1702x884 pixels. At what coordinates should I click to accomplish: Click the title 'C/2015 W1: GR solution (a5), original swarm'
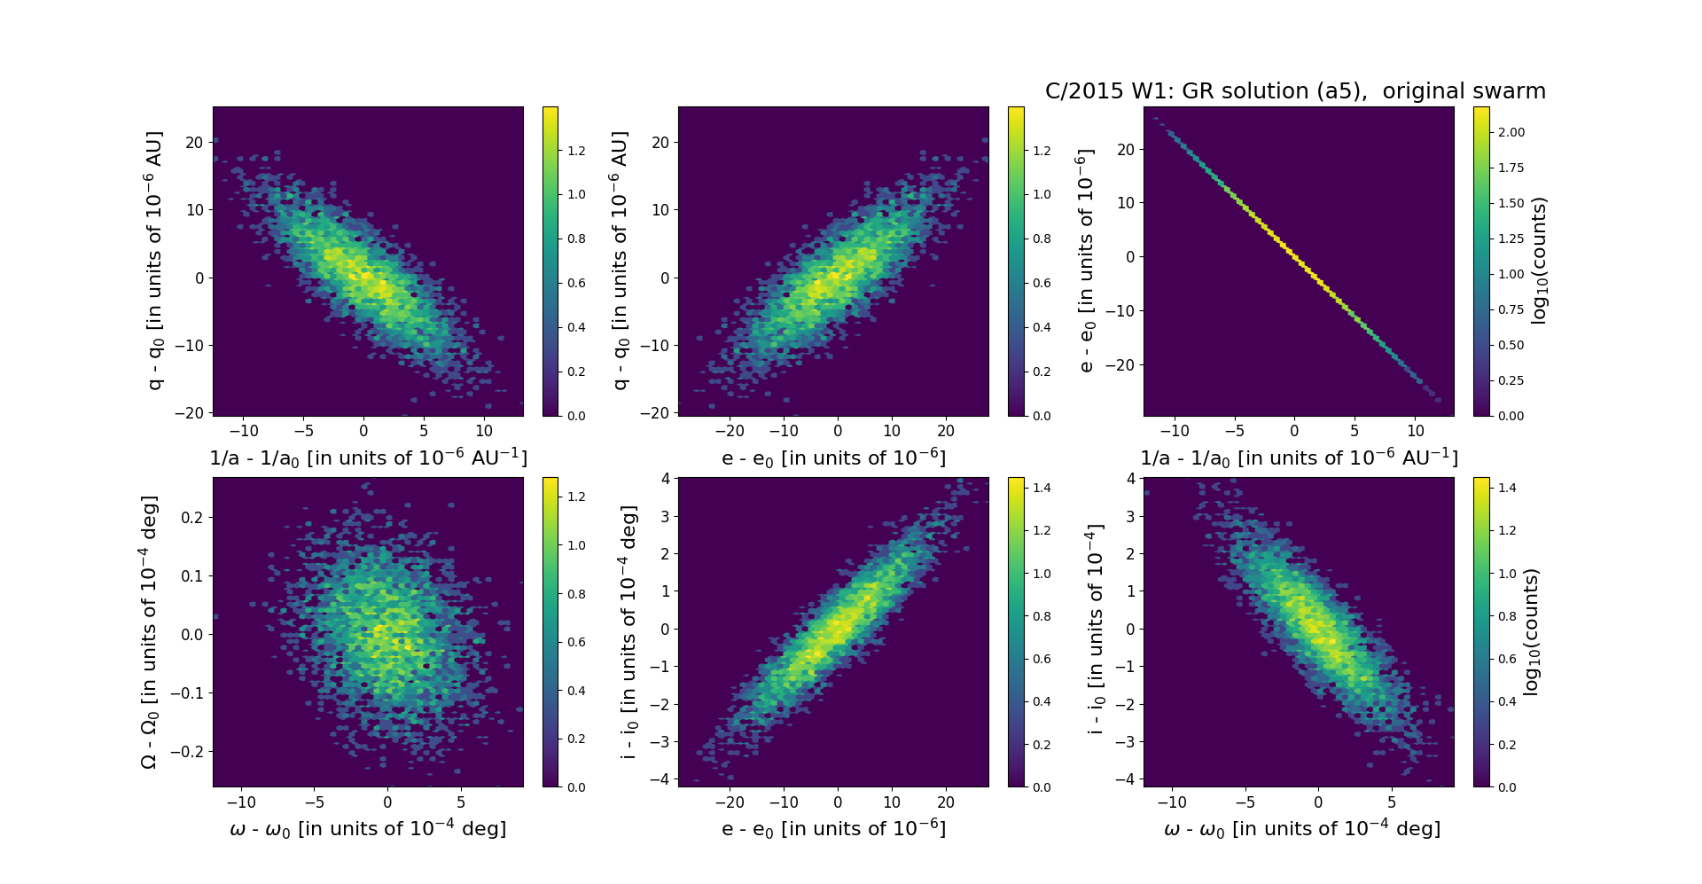pos(1295,91)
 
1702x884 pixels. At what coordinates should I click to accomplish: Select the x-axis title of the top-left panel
pos(368,458)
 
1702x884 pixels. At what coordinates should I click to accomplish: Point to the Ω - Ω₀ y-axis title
pos(149,632)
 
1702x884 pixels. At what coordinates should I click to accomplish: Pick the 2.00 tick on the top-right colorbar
pos(1511,132)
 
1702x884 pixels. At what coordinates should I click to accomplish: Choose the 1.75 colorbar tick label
pos(1511,168)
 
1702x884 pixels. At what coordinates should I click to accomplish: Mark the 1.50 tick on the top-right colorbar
pos(1511,203)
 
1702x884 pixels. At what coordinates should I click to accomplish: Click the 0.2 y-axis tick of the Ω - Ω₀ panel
pos(192,517)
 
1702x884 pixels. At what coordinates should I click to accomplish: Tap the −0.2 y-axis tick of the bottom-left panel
pos(188,752)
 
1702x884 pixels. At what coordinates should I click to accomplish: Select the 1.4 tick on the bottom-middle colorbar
pos(1042,488)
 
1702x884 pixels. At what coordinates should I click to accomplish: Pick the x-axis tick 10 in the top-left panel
pos(484,431)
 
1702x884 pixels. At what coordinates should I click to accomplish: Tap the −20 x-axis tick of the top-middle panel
pos(730,431)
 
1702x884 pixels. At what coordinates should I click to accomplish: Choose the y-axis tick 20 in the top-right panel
pos(1126,150)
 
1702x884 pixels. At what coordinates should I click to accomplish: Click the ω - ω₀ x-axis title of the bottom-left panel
pos(368,829)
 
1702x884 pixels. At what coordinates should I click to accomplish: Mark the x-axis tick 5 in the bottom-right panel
pos(1392,802)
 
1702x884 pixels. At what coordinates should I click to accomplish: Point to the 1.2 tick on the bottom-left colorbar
pos(576,497)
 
